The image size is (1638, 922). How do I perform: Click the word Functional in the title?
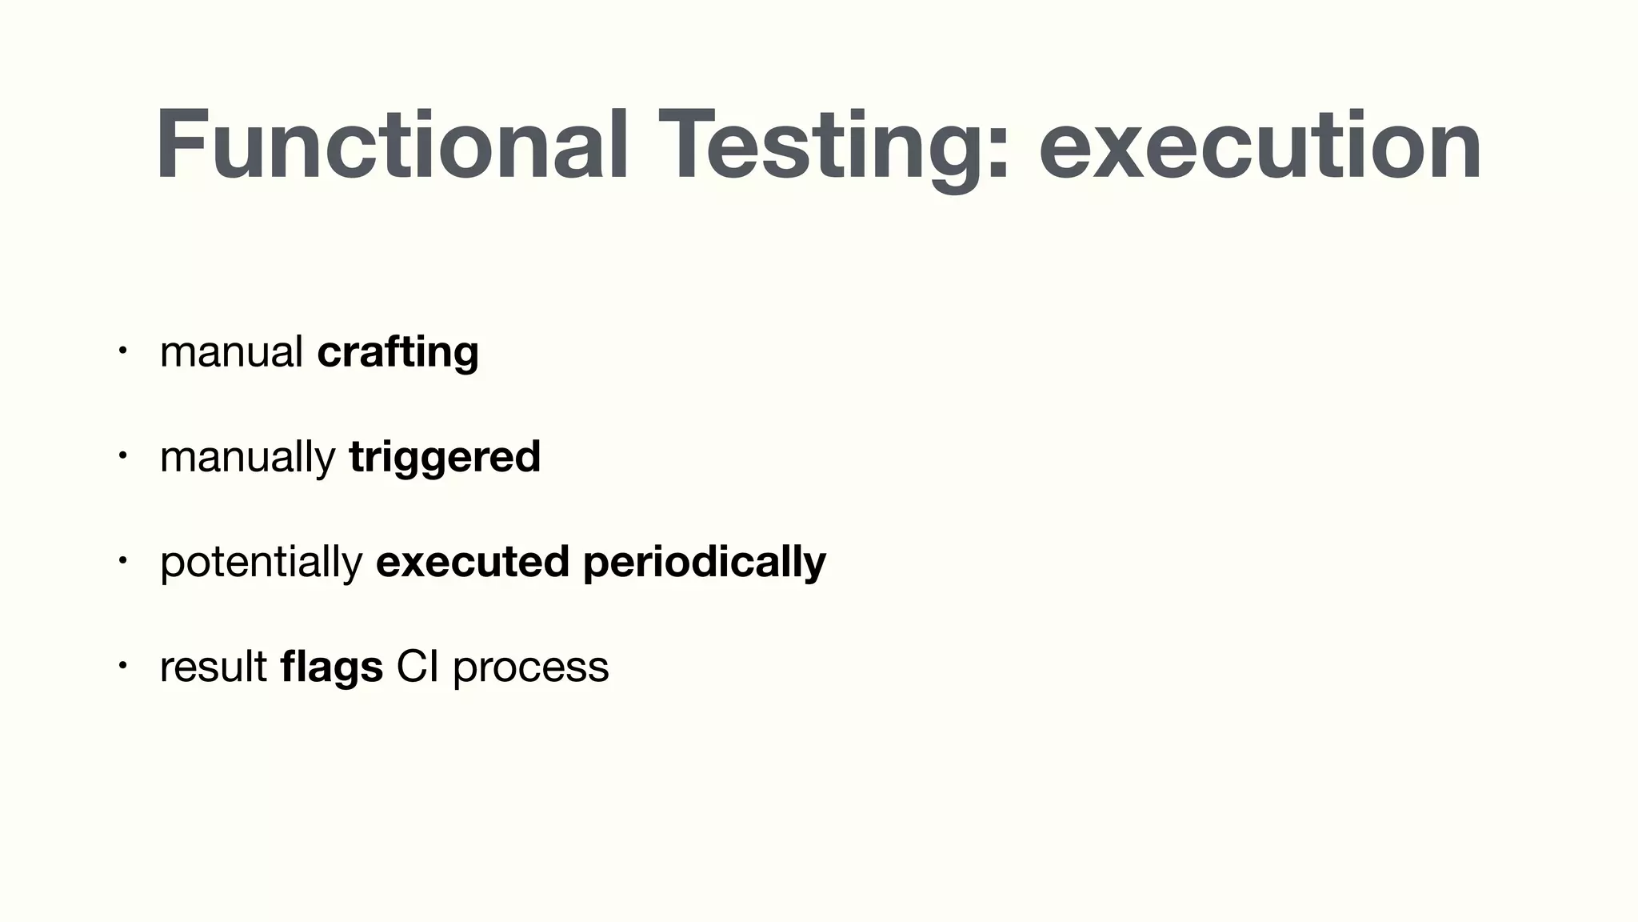click(x=392, y=146)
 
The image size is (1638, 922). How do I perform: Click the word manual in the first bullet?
click(x=230, y=352)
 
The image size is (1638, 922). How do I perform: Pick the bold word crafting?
click(x=398, y=352)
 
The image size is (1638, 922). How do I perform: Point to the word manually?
click(x=246, y=457)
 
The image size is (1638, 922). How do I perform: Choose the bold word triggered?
click(x=445, y=457)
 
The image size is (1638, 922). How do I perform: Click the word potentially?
click(x=261, y=562)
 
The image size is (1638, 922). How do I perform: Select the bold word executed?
click(x=472, y=562)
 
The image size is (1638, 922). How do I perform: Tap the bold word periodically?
click(x=704, y=562)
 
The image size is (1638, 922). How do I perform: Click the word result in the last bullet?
click(x=213, y=667)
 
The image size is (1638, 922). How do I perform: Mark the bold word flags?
click(x=331, y=667)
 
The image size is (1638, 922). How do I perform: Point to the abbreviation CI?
click(x=417, y=667)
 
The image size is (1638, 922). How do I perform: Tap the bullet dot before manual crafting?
click(x=122, y=351)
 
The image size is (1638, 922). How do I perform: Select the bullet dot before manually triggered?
click(x=122, y=455)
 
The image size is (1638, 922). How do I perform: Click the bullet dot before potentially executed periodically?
click(x=122, y=560)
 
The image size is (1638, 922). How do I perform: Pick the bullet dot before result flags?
click(x=122, y=665)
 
